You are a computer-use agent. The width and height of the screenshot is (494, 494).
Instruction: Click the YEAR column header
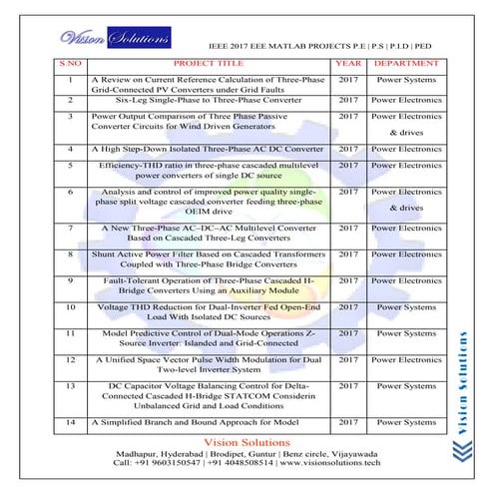[346, 63]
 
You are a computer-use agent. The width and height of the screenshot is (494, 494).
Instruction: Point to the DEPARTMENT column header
[404, 63]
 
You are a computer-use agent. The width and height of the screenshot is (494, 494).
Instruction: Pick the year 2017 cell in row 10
[346, 308]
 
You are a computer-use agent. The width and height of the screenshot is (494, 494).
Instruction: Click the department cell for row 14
[405, 424]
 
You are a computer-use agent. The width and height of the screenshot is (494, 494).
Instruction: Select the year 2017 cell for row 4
[346, 148]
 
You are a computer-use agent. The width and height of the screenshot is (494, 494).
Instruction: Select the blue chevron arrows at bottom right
[469, 448]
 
